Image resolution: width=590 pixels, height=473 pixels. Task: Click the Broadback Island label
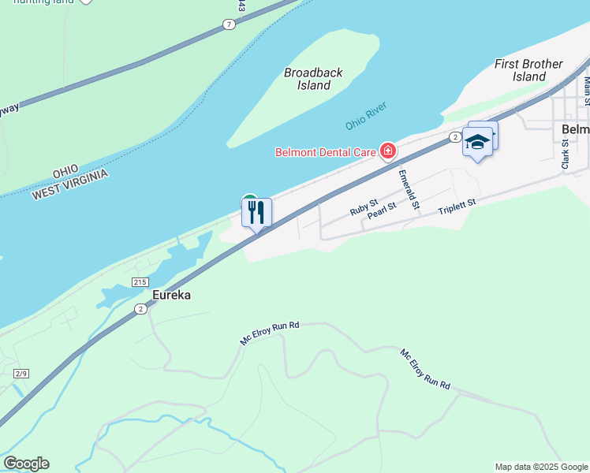[313, 79]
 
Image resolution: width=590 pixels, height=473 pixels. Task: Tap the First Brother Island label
[528, 70]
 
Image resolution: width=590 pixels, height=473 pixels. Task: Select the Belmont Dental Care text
[326, 151]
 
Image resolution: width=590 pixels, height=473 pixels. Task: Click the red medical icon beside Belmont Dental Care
[387, 150]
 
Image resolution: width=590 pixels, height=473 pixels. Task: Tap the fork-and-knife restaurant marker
[256, 212]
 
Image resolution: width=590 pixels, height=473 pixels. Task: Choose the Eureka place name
[171, 295]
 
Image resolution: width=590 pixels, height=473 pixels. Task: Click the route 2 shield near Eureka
[140, 309]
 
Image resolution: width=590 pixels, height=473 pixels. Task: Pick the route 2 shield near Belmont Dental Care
[455, 137]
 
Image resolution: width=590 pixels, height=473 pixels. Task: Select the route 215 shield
[140, 282]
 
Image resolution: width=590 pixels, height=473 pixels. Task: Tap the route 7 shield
[228, 24]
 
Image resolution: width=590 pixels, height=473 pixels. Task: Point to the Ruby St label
[364, 207]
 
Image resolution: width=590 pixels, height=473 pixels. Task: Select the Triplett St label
[457, 206]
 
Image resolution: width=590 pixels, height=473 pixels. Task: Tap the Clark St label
[565, 154]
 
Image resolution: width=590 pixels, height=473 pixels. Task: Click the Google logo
[26, 464]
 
